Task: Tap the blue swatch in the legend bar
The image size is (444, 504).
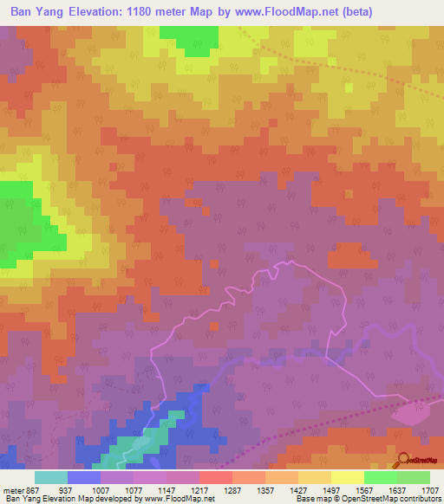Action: tap(83, 477)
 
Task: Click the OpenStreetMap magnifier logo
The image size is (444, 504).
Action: tap(404, 459)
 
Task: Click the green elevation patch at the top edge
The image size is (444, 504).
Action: tap(189, 37)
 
